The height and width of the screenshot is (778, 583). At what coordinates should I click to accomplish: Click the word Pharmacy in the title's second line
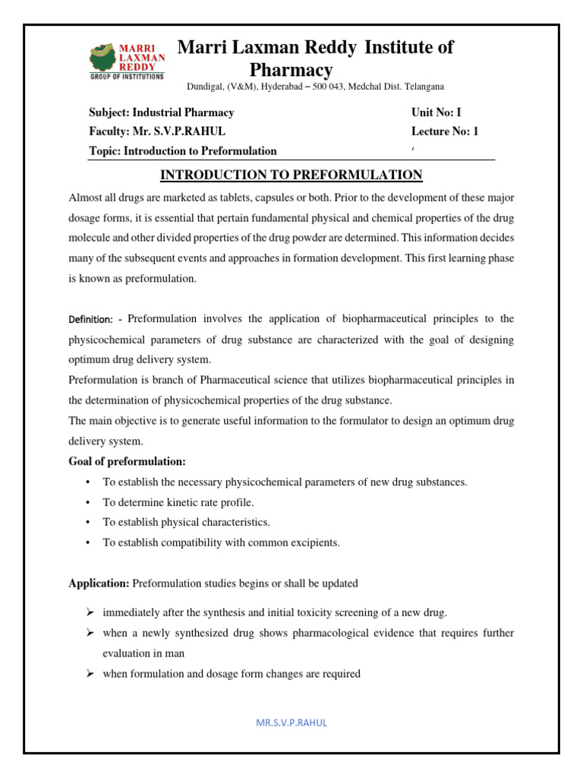(291, 70)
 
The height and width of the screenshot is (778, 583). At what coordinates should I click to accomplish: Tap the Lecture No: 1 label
(445, 131)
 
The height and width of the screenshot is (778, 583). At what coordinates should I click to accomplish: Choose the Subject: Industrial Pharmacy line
(162, 112)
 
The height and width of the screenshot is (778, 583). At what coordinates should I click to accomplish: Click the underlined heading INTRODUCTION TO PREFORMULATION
(291, 176)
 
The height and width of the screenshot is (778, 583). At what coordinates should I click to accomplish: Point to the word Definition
(90, 318)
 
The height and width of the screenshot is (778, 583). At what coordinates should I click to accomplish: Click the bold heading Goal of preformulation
(127, 462)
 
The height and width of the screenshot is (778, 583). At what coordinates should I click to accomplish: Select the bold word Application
(99, 583)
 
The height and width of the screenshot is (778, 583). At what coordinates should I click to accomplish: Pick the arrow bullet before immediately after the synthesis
(88, 612)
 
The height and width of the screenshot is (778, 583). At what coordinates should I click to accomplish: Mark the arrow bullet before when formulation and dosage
(88, 673)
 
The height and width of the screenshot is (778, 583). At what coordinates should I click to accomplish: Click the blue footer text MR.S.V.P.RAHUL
(291, 723)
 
